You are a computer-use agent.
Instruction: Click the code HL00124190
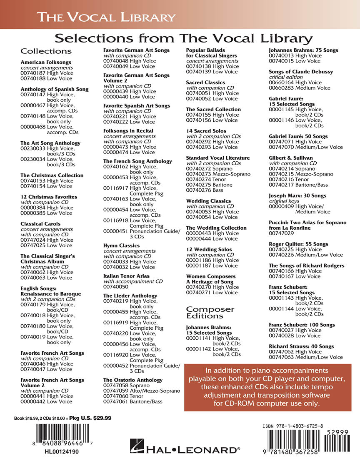coord(61,451)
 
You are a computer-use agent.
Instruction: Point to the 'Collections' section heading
coord(46,51)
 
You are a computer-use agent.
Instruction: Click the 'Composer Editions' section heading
coord(210,312)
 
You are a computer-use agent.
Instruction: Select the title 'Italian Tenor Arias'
coord(126,276)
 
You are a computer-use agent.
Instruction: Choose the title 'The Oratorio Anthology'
coord(133,380)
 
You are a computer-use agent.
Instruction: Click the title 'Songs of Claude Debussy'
coord(301,72)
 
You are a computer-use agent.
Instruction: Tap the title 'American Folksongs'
coord(46,62)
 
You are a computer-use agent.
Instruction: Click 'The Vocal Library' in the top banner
coord(106,17)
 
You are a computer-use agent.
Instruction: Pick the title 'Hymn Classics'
coord(121,246)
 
